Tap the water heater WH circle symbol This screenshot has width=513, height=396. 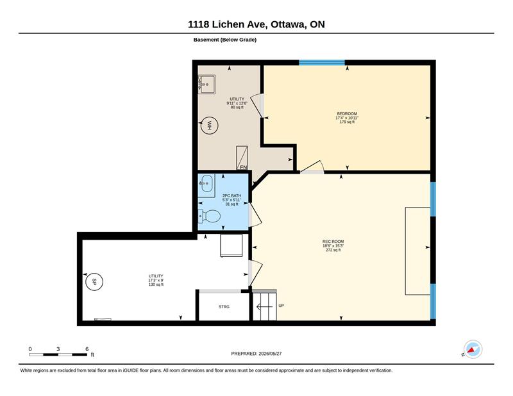[209, 125]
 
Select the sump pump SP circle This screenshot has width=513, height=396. [94, 281]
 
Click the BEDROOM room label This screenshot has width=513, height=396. [347, 114]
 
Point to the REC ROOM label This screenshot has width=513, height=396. [333, 242]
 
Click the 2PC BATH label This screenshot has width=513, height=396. [231, 195]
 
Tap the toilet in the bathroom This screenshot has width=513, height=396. [209, 216]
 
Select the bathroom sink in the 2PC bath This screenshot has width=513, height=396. [206, 183]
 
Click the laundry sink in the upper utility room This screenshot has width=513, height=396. [206, 84]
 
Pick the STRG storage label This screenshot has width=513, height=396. [224, 307]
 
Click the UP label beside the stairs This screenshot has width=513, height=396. [281, 306]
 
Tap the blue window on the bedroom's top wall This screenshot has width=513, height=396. [322, 62]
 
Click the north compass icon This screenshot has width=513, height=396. [473, 349]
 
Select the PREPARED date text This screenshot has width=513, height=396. [256, 354]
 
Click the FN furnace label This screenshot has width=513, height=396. [244, 167]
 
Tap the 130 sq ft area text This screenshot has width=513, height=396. [156, 285]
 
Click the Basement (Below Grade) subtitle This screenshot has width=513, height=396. [225, 40]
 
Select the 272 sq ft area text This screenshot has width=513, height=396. [333, 250]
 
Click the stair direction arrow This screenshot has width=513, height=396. [264, 307]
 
